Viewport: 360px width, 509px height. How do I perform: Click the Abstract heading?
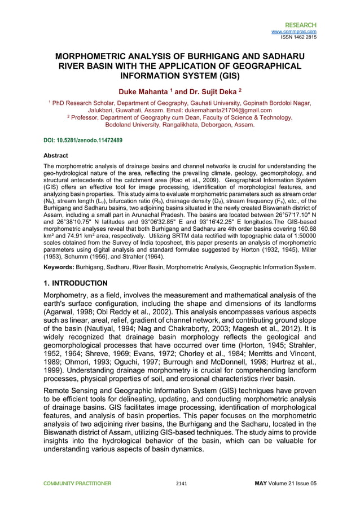click(56, 155)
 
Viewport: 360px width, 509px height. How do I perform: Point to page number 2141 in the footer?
click(182, 483)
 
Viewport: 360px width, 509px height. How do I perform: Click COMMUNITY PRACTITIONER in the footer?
click(75, 483)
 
